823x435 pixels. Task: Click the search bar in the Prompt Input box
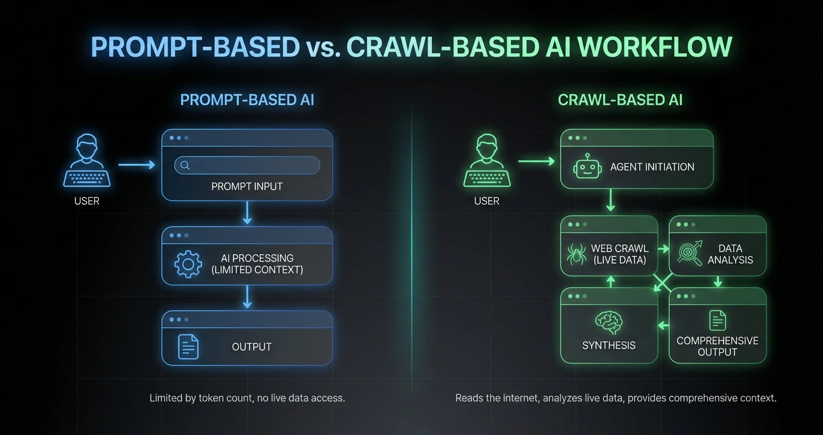pos(247,165)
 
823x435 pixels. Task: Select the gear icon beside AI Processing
pos(188,264)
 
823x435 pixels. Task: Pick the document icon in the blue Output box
pos(188,346)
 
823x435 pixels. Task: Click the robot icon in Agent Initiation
pos(587,167)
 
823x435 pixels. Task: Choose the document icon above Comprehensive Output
pos(717,320)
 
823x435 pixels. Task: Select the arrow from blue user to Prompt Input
pos(137,165)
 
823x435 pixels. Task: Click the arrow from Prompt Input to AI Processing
pos(247,213)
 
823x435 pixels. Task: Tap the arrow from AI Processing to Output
pos(247,297)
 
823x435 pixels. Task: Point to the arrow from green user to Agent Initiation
pos(536,161)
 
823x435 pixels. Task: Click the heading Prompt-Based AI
pos(247,99)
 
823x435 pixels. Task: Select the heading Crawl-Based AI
pos(620,99)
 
